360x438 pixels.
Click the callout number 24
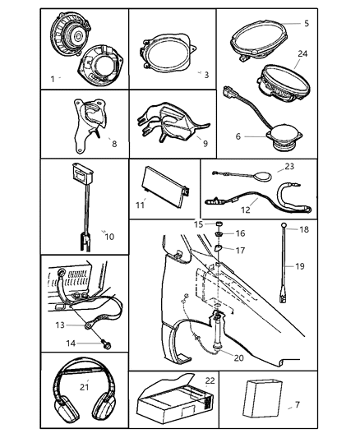pos(302,53)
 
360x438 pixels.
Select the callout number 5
pos(307,24)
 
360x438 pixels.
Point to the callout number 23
pos(289,167)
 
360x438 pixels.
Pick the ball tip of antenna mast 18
pos(284,224)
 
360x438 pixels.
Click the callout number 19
pos(300,266)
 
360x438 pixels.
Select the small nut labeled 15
pos(219,224)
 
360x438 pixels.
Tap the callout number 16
pos(240,233)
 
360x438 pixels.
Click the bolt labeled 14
pos(106,344)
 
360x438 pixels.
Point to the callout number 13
pos(60,325)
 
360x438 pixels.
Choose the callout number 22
pos(210,380)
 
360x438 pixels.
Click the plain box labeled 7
pos(262,399)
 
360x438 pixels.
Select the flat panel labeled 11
pos(167,187)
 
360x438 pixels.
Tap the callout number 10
pos(110,237)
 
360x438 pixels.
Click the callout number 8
pos(114,144)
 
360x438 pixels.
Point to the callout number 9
pos(205,143)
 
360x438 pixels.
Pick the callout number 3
pos(206,75)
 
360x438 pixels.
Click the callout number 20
pos(239,357)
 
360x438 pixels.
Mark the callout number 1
pos(53,80)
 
